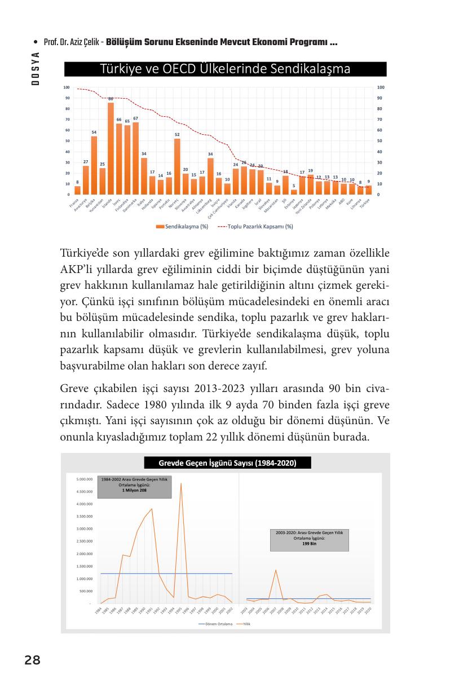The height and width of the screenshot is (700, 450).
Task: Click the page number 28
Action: coord(33,660)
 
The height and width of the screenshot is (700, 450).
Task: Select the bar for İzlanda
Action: coord(111,149)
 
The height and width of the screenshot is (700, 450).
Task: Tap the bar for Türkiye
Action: coord(368,190)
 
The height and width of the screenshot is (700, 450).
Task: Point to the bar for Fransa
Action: coord(77,191)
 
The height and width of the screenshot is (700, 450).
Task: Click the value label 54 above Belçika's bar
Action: coord(94,132)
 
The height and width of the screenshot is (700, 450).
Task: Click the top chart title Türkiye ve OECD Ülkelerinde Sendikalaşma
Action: coord(225,69)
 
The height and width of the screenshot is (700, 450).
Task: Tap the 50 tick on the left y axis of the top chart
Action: coord(67,141)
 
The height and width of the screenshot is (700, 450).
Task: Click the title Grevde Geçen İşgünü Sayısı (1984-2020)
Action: coord(227,463)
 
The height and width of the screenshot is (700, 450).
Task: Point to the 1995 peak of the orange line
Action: coord(181,483)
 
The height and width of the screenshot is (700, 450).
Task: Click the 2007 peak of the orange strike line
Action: coord(275,570)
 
